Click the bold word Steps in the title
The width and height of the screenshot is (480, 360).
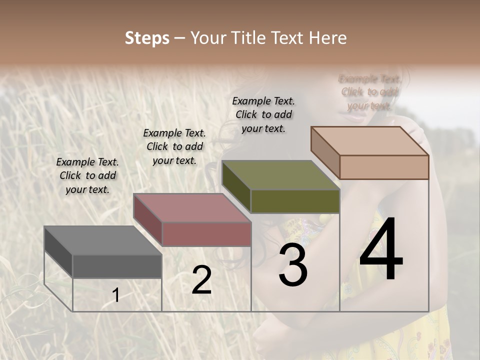147,38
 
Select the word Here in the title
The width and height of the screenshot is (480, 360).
328,38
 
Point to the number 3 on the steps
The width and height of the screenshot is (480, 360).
292,266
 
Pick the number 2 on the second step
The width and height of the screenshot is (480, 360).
201,280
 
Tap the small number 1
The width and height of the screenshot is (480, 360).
116,295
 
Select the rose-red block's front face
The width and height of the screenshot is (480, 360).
206,234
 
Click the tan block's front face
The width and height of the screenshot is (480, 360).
384,167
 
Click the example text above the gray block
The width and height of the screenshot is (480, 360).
87,175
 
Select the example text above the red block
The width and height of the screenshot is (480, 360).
174,146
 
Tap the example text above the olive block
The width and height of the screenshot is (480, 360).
263,114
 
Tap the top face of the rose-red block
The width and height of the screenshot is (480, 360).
192,208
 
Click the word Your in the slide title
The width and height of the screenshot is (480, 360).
209,38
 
